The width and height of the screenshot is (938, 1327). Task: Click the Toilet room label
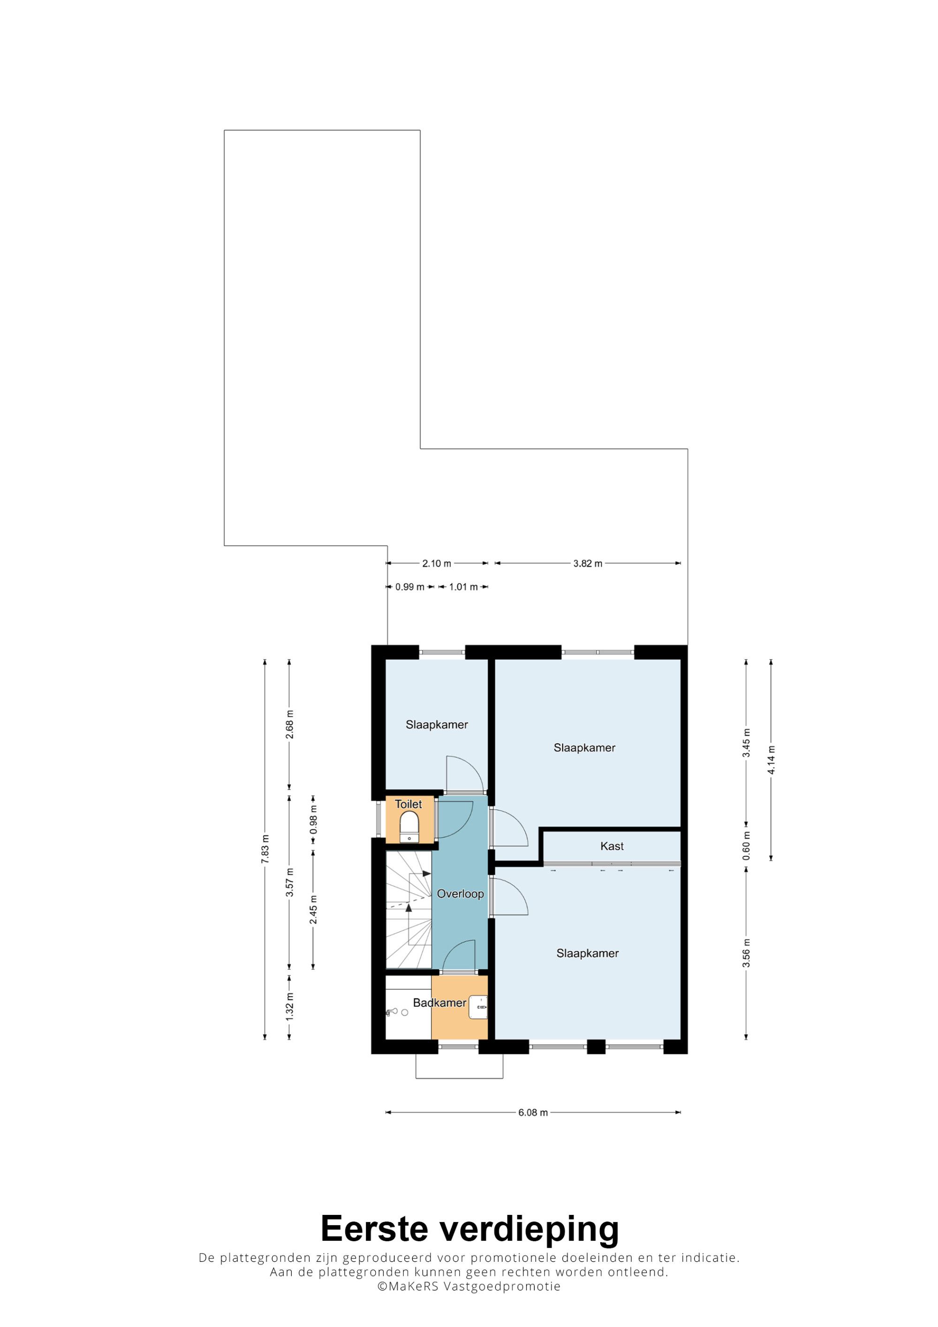[408, 804]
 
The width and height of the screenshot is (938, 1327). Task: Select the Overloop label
[460, 894]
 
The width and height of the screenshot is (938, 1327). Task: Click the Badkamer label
[439, 1003]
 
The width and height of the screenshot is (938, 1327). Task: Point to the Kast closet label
[612, 846]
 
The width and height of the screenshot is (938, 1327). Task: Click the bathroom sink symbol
[478, 1007]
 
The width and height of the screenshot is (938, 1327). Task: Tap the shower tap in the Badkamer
[391, 1012]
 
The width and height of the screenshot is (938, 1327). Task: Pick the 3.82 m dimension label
[588, 564]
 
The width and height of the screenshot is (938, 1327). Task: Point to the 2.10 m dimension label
[436, 564]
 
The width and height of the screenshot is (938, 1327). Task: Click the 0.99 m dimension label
[410, 587]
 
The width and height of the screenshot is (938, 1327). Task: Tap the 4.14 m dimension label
[771, 761]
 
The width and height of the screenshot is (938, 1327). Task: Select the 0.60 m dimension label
[747, 846]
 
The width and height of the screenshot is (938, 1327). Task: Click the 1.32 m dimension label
[289, 1006]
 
